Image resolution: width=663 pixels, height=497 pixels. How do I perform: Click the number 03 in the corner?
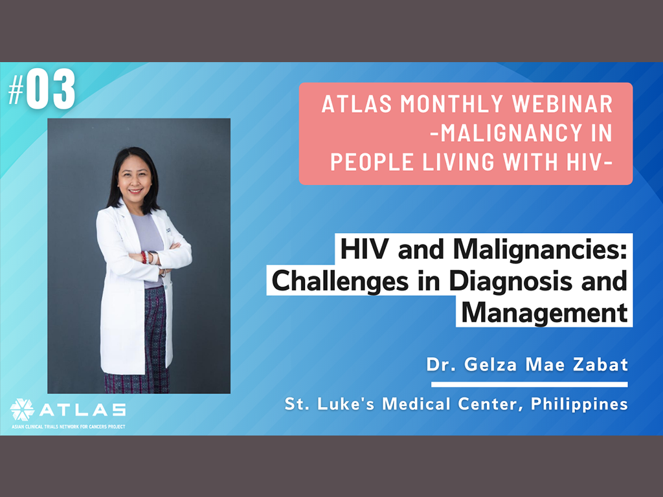point(51,89)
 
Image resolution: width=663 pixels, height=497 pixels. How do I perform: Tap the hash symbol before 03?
point(16,92)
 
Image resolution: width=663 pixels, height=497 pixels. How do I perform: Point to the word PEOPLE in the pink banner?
point(372,162)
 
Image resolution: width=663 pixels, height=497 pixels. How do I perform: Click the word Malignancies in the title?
point(540,250)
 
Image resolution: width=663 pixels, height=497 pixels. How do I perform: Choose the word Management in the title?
point(544,313)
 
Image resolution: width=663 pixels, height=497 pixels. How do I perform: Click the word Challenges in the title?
point(340,281)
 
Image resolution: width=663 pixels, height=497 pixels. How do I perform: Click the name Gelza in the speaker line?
point(491,364)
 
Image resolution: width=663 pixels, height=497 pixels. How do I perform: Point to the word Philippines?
point(579,404)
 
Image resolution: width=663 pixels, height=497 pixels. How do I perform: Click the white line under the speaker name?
point(530,384)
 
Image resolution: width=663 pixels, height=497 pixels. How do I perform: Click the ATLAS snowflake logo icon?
point(22,410)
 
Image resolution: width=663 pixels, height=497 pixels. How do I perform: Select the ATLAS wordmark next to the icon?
point(83,410)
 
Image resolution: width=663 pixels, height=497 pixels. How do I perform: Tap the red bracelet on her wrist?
point(144,258)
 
